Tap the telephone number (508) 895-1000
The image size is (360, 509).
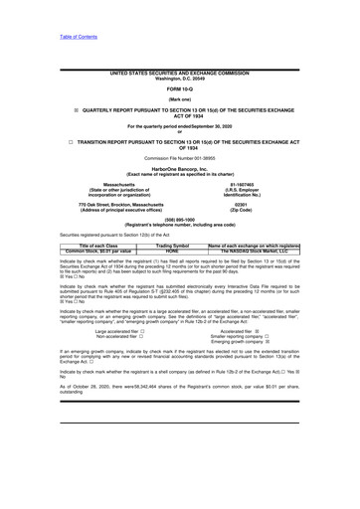pyautogui.click(x=180, y=249)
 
